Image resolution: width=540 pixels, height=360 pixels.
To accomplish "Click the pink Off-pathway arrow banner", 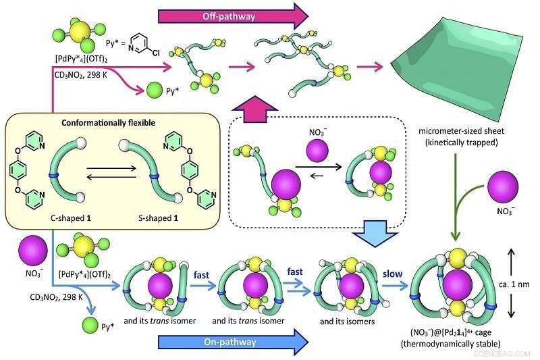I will pos(223,14).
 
